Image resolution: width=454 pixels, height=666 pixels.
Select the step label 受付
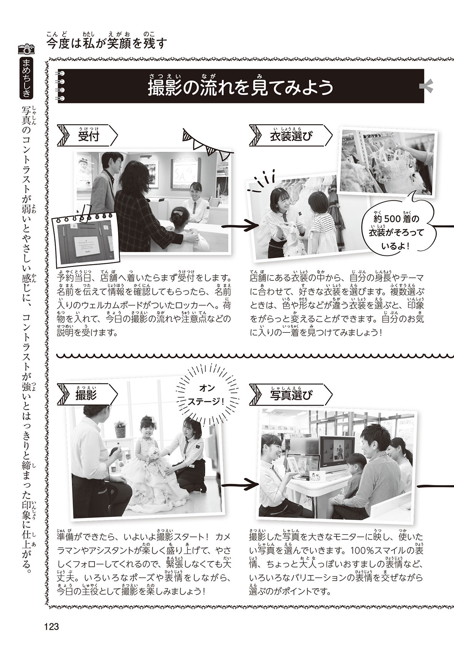tap(89, 136)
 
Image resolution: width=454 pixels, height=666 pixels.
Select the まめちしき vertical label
tap(26, 78)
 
